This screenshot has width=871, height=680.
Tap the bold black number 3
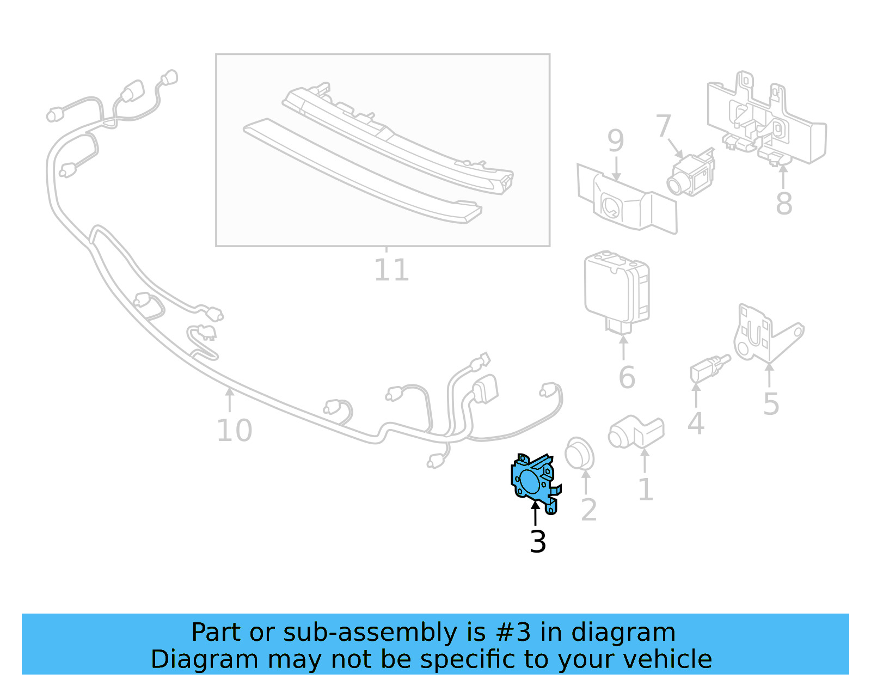coord(537,542)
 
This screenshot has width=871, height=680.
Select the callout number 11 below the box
coord(391,270)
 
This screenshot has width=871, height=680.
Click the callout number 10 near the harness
coord(234,430)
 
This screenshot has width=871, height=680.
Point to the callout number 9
coord(615,141)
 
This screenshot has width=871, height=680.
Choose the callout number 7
coord(663,126)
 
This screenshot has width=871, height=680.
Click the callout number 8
coord(783,204)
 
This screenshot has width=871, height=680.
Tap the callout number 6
coord(627,377)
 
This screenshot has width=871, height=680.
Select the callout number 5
coord(771,404)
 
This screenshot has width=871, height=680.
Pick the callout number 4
coord(695,423)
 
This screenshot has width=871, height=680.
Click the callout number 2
coord(588,510)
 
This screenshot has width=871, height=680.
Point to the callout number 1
coord(645,489)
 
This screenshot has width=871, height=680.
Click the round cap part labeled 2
coord(580,454)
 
